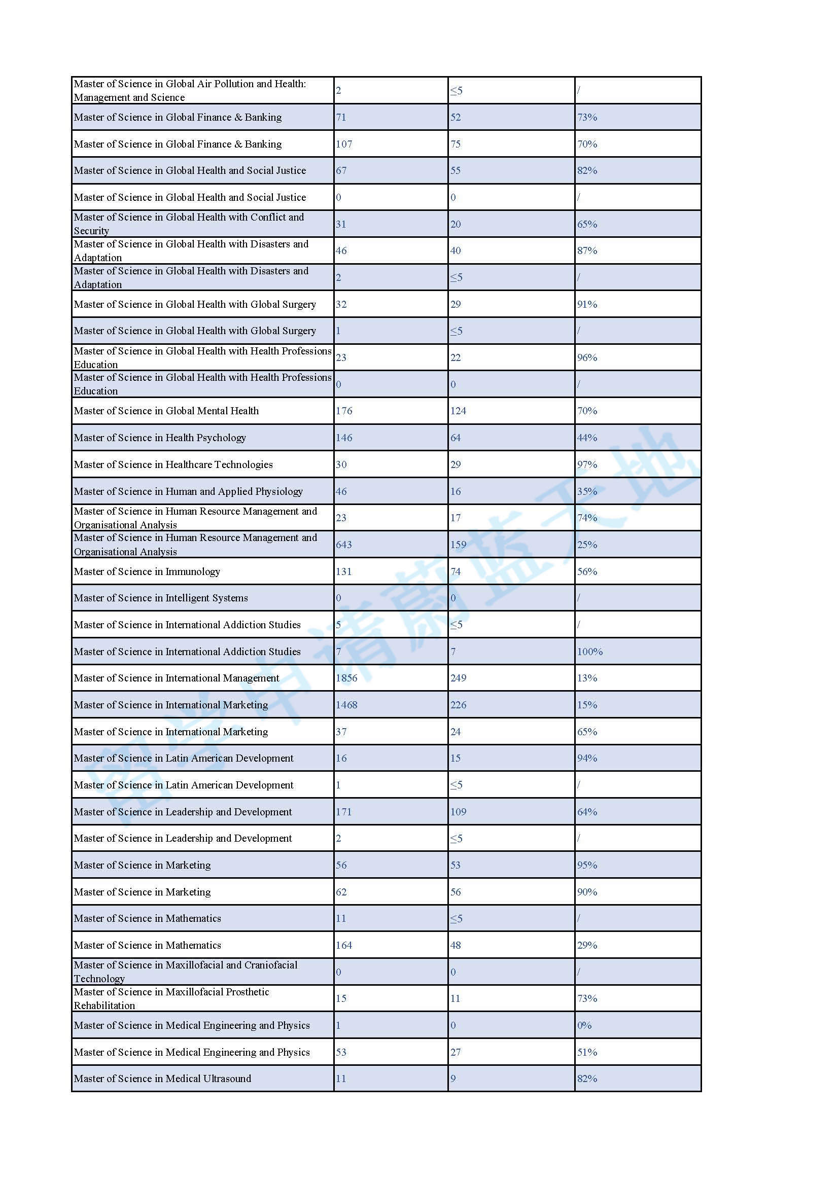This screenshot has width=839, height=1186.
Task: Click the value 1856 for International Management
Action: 346,678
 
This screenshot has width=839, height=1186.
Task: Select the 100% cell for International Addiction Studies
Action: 589,652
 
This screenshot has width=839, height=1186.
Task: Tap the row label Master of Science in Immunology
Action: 147,571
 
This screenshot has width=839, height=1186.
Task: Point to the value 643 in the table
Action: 343,545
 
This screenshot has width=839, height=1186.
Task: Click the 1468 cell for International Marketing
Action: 346,705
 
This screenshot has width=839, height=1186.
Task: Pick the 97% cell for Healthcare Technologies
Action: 587,464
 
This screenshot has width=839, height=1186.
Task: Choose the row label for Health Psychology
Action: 160,438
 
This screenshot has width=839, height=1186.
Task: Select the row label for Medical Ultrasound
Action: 162,1079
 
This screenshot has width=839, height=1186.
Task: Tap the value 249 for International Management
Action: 458,678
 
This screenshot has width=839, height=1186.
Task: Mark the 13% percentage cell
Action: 587,678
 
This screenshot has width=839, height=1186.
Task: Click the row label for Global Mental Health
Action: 166,411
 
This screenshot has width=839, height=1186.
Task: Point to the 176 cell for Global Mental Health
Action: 343,411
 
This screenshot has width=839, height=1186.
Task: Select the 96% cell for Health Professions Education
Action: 587,357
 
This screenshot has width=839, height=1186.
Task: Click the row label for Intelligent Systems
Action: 161,598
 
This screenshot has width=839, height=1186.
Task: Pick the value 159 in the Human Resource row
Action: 458,545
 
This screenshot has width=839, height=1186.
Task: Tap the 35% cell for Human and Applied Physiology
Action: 587,491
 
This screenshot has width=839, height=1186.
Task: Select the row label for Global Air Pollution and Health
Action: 190,90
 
